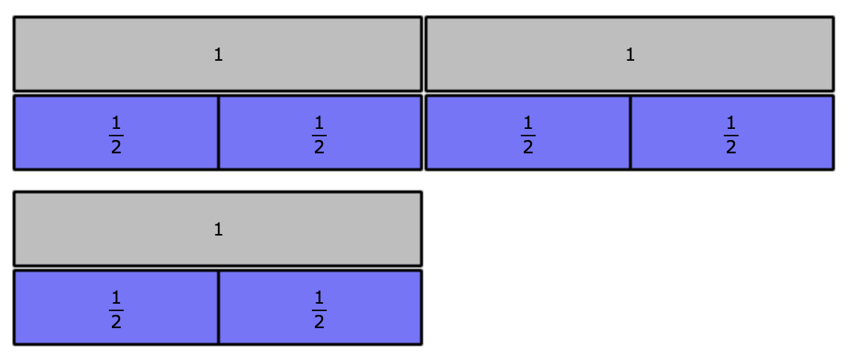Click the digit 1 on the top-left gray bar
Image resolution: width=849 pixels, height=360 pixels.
click(219, 55)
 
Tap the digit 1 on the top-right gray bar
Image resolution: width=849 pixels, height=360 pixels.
click(630, 55)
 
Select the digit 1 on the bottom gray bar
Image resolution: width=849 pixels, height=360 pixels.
click(219, 230)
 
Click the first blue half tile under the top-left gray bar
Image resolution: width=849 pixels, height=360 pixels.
click(116, 133)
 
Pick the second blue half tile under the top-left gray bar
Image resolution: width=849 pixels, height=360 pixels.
click(320, 133)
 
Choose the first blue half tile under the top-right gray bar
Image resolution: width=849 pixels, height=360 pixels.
click(528, 133)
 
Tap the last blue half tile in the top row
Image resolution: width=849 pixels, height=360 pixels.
click(732, 133)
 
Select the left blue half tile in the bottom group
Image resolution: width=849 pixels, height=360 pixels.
click(116, 307)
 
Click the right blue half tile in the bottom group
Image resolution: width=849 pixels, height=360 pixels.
click(320, 307)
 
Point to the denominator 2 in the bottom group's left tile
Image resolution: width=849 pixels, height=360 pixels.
click(116, 322)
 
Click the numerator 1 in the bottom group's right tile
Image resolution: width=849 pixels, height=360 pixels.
click(319, 297)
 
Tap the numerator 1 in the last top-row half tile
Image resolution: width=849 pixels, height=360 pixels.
click(731, 122)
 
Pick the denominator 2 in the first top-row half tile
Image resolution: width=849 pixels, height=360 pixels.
click(116, 147)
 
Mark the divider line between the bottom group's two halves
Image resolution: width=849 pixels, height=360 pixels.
click(219, 307)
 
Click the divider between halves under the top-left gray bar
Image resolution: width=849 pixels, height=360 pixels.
click(219, 133)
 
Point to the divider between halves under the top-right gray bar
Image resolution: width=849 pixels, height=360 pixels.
click(630, 133)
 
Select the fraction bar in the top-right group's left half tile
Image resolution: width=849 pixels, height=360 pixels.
click(528, 135)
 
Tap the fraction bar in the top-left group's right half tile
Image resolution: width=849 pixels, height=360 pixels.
click(319, 135)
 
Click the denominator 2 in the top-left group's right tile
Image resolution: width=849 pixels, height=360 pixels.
click(319, 147)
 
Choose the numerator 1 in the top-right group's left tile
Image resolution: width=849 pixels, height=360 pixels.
click(528, 122)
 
